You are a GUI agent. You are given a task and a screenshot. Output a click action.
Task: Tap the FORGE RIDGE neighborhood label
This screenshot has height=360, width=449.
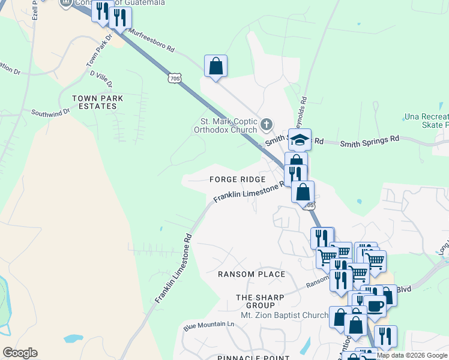(237, 179)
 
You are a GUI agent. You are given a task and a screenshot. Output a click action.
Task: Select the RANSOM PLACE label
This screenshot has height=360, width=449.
(252, 274)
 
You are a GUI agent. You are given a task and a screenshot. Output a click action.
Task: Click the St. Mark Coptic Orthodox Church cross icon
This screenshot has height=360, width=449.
(267, 125)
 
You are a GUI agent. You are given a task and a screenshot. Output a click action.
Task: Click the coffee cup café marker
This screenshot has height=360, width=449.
(375, 305)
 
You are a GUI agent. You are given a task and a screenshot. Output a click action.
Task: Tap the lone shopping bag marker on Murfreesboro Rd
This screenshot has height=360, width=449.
(215, 66)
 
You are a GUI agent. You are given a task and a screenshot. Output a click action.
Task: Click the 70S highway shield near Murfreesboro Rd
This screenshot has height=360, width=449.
(174, 78)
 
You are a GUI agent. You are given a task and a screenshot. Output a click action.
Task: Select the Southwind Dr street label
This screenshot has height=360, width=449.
(51, 112)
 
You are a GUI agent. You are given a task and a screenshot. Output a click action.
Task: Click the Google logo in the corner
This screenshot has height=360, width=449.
(20, 353)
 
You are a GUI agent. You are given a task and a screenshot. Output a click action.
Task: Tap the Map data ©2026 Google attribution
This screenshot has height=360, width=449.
(412, 356)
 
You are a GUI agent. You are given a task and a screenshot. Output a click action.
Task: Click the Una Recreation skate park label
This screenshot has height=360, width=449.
(426, 120)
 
